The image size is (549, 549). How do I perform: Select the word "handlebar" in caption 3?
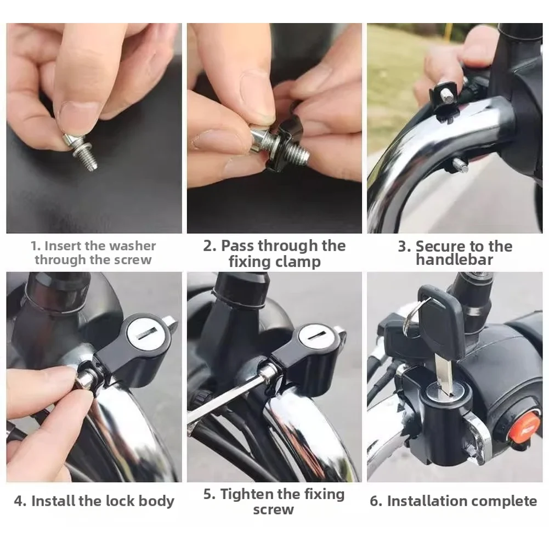(x=455, y=261)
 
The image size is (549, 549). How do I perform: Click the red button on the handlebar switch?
(x=523, y=428)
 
